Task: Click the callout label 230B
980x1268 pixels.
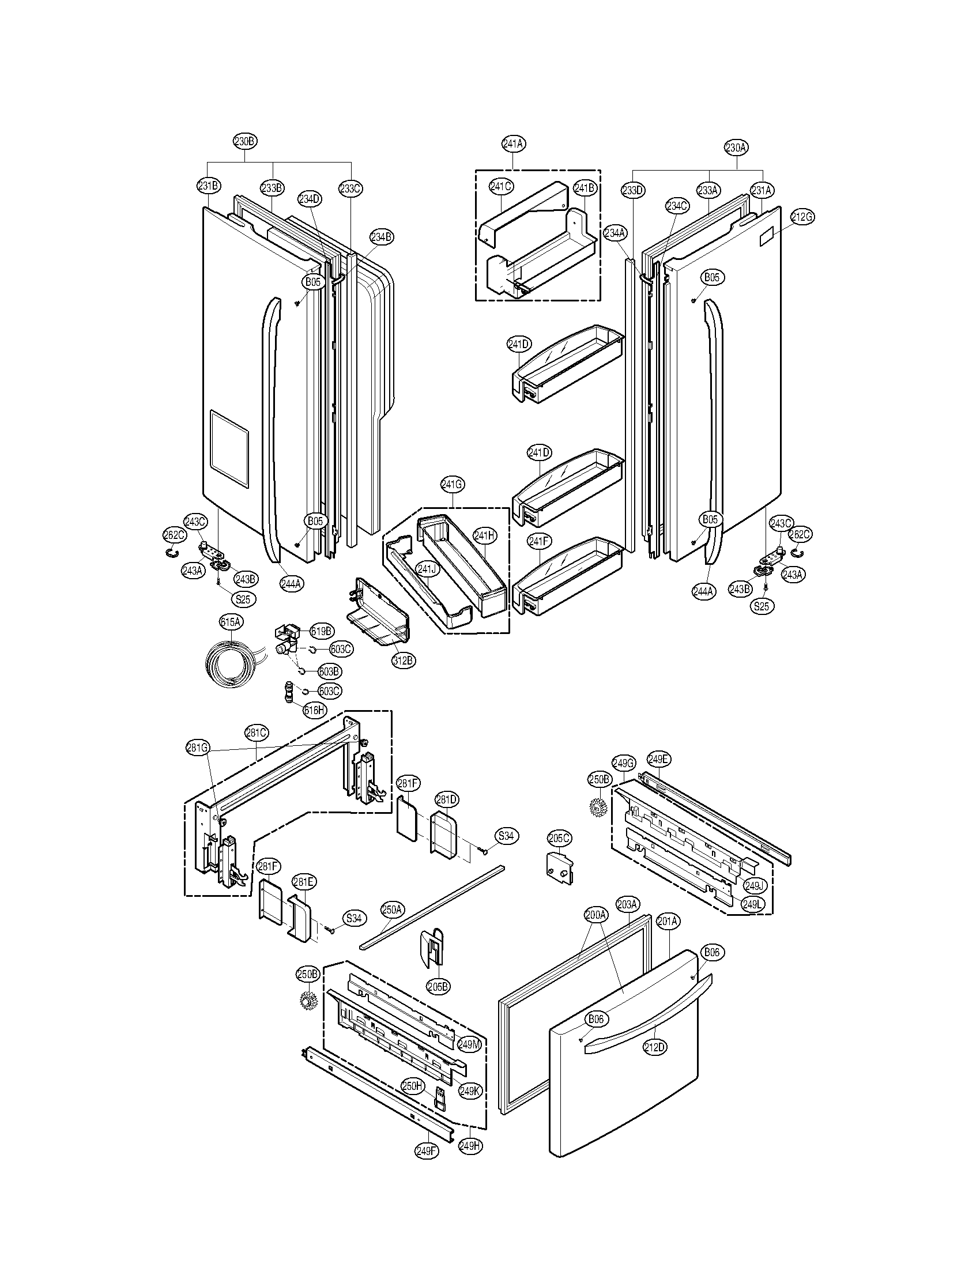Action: [x=244, y=141]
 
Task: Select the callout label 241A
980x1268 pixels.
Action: [x=513, y=143]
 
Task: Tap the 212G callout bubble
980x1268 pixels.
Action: [x=802, y=217]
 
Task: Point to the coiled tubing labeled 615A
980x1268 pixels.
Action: [x=231, y=661]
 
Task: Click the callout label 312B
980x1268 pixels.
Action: [x=404, y=660]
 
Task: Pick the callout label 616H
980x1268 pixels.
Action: [x=314, y=710]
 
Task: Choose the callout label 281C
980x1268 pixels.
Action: [x=256, y=733]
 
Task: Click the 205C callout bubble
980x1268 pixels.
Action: [x=559, y=838]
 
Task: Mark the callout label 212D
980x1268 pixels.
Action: [x=654, y=1047]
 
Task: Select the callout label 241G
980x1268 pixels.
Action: [x=453, y=484]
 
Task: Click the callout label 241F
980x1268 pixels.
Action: [x=539, y=542]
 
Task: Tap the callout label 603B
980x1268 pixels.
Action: [x=329, y=671]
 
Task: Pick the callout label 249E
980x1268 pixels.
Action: [x=658, y=759]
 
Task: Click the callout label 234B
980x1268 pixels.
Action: [x=382, y=236]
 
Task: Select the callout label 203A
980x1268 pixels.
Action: [x=627, y=904]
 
